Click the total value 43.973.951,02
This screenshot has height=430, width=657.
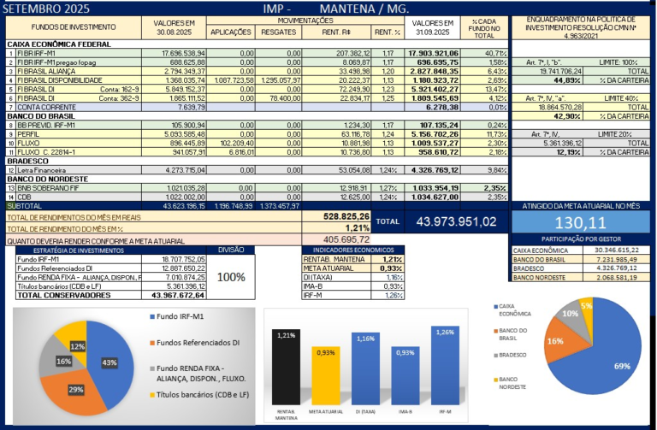[x=455, y=221]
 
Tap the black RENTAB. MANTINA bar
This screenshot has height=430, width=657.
[x=287, y=367]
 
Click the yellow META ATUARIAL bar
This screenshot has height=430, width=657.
[x=325, y=375]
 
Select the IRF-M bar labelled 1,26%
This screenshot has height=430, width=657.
[x=444, y=363]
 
